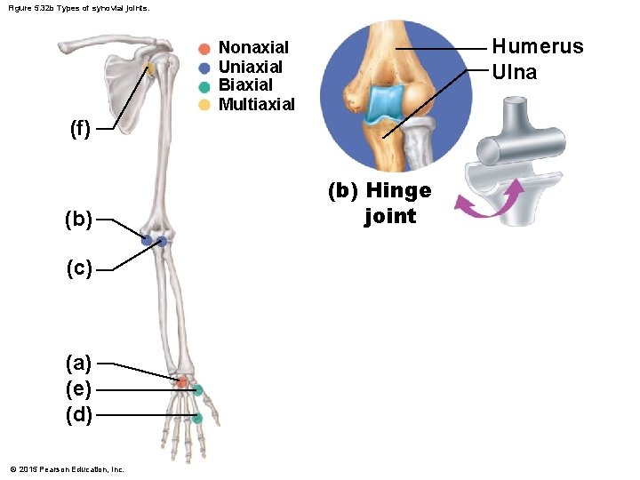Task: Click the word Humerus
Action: tap(538, 46)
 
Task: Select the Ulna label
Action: tap(515, 73)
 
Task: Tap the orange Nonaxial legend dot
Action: tap(204, 48)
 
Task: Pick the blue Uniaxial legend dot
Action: tap(204, 67)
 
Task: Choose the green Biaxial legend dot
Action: tap(204, 86)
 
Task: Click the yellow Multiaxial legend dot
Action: tap(204, 105)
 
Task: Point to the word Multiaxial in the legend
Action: tap(257, 105)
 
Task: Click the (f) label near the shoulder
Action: tap(80, 129)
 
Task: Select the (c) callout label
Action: tap(78, 268)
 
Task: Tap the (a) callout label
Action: tap(78, 363)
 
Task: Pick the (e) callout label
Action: tap(78, 389)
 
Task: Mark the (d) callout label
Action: tap(78, 414)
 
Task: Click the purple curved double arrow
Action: tap(487, 201)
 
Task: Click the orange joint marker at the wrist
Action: tap(182, 381)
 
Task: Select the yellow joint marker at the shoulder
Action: tap(151, 68)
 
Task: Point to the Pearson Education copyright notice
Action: tap(67, 468)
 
